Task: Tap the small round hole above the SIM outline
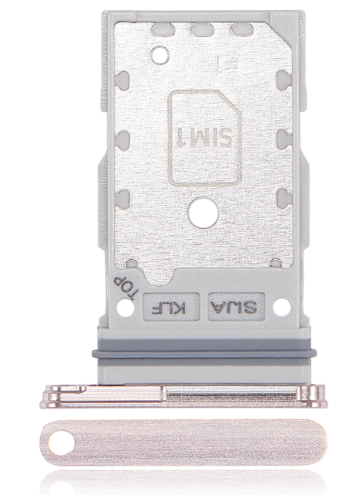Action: [161, 54]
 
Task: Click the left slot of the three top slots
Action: [163, 32]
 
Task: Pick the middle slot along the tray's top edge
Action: [203, 32]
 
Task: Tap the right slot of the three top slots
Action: [242, 32]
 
